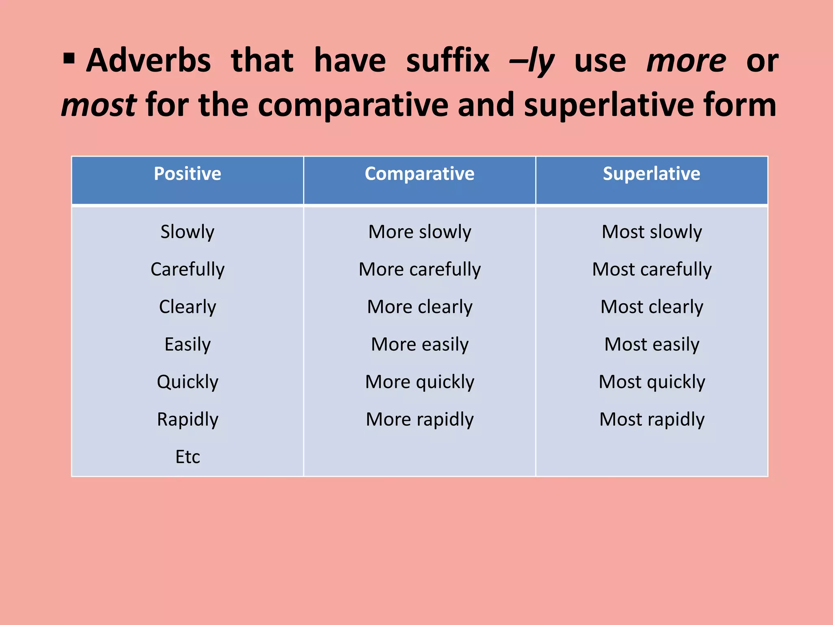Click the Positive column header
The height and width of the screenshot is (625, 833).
188,174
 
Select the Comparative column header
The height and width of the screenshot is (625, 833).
419,174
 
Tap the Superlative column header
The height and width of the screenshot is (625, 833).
651,174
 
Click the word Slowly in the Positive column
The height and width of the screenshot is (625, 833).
188,232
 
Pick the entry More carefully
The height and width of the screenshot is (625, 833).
419,269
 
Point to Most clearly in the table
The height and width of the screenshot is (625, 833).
652,307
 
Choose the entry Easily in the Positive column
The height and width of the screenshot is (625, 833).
188,344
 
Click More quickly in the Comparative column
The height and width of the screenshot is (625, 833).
419,382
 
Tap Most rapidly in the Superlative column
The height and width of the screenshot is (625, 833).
652,420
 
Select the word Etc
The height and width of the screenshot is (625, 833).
188,457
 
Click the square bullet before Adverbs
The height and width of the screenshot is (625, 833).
69,59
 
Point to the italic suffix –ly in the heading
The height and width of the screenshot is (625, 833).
532,61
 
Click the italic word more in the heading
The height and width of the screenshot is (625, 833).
686,61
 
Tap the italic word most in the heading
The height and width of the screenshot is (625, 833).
99,105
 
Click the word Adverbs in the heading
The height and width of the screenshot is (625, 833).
148,61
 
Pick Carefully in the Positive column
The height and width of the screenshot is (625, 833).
188,269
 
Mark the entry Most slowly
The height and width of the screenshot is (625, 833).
652,232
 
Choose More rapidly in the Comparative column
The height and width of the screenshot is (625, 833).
419,420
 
